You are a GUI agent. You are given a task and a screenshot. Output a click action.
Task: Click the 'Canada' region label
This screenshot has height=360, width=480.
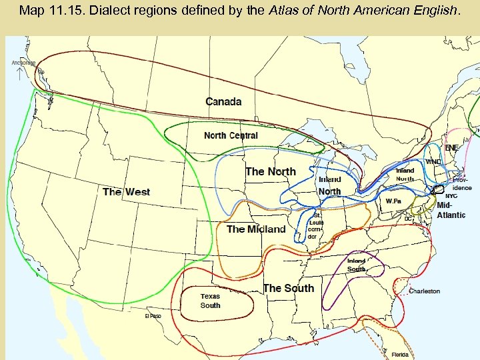pyautogui.click(x=223, y=101)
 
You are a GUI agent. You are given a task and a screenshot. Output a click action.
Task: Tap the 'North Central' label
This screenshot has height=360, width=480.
pyautogui.click(x=231, y=135)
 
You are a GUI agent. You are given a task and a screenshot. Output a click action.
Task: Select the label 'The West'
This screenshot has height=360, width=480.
pyautogui.click(x=126, y=192)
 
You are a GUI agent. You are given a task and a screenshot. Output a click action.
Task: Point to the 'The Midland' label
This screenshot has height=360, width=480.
pyautogui.click(x=256, y=229)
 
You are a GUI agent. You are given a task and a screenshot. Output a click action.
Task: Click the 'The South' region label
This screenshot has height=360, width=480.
pyautogui.click(x=288, y=288)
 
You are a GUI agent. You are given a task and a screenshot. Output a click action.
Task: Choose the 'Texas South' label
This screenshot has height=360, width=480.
pyautogui.click(x=210, y=301)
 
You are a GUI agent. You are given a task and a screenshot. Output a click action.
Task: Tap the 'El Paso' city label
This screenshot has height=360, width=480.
pyautogui.click(x=153, y=316)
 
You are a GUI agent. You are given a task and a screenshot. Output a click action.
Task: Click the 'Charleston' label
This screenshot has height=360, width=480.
pyautogui.click(x=425, y=291)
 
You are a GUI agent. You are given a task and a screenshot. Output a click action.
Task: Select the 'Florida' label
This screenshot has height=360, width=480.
pyautogui.click(x=400, y=355)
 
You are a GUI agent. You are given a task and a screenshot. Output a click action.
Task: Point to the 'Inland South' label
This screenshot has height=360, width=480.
pyautogui.click(x=356, y=265)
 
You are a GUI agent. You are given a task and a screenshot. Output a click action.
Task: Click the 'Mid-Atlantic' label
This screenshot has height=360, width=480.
pyautogui.click(x=451, y=211)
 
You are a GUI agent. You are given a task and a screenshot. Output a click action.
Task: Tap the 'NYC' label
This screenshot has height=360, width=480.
pyautogui.click(x=451, y=196)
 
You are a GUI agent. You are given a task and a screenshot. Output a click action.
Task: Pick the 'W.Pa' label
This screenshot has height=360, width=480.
pyautogui.click(x=393, y=201)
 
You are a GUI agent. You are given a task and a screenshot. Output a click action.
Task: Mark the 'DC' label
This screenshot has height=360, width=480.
pyautogui.click(x=408, y=218)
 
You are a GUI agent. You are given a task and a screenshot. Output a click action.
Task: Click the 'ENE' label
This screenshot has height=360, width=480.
pyautogui.click(x=452, y=147)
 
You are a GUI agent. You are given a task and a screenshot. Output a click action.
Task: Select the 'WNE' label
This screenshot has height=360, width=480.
pyautogui.click(x=433, y=162)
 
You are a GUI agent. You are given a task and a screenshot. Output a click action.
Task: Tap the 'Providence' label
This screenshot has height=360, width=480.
pyautogui.click(x=462, y=184)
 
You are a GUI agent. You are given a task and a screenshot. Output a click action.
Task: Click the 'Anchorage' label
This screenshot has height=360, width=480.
pyautogui.click(x=24, y=63)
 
